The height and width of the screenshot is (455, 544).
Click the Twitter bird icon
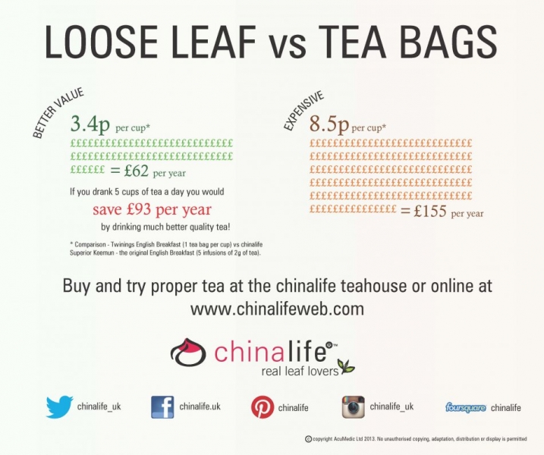59,406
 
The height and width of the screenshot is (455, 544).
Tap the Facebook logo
162,407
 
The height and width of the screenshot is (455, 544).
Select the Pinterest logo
263,407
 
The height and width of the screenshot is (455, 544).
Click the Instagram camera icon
354,407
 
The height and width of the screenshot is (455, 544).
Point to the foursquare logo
465,407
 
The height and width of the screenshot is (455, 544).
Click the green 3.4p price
90,124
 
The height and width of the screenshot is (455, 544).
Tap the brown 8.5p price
329,124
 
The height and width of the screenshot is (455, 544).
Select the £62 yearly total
136,171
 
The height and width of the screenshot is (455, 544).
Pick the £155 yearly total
430,211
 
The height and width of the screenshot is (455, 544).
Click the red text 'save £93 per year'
152,209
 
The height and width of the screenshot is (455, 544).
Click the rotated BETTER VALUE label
58,113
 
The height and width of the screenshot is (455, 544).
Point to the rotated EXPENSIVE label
303,111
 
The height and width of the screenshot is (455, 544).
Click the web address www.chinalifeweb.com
277,309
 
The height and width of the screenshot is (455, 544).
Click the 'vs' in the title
288,46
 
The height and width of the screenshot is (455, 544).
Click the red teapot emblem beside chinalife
187,352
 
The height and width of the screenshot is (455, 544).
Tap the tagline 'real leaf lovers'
300,371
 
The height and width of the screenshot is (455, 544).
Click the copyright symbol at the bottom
308,439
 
